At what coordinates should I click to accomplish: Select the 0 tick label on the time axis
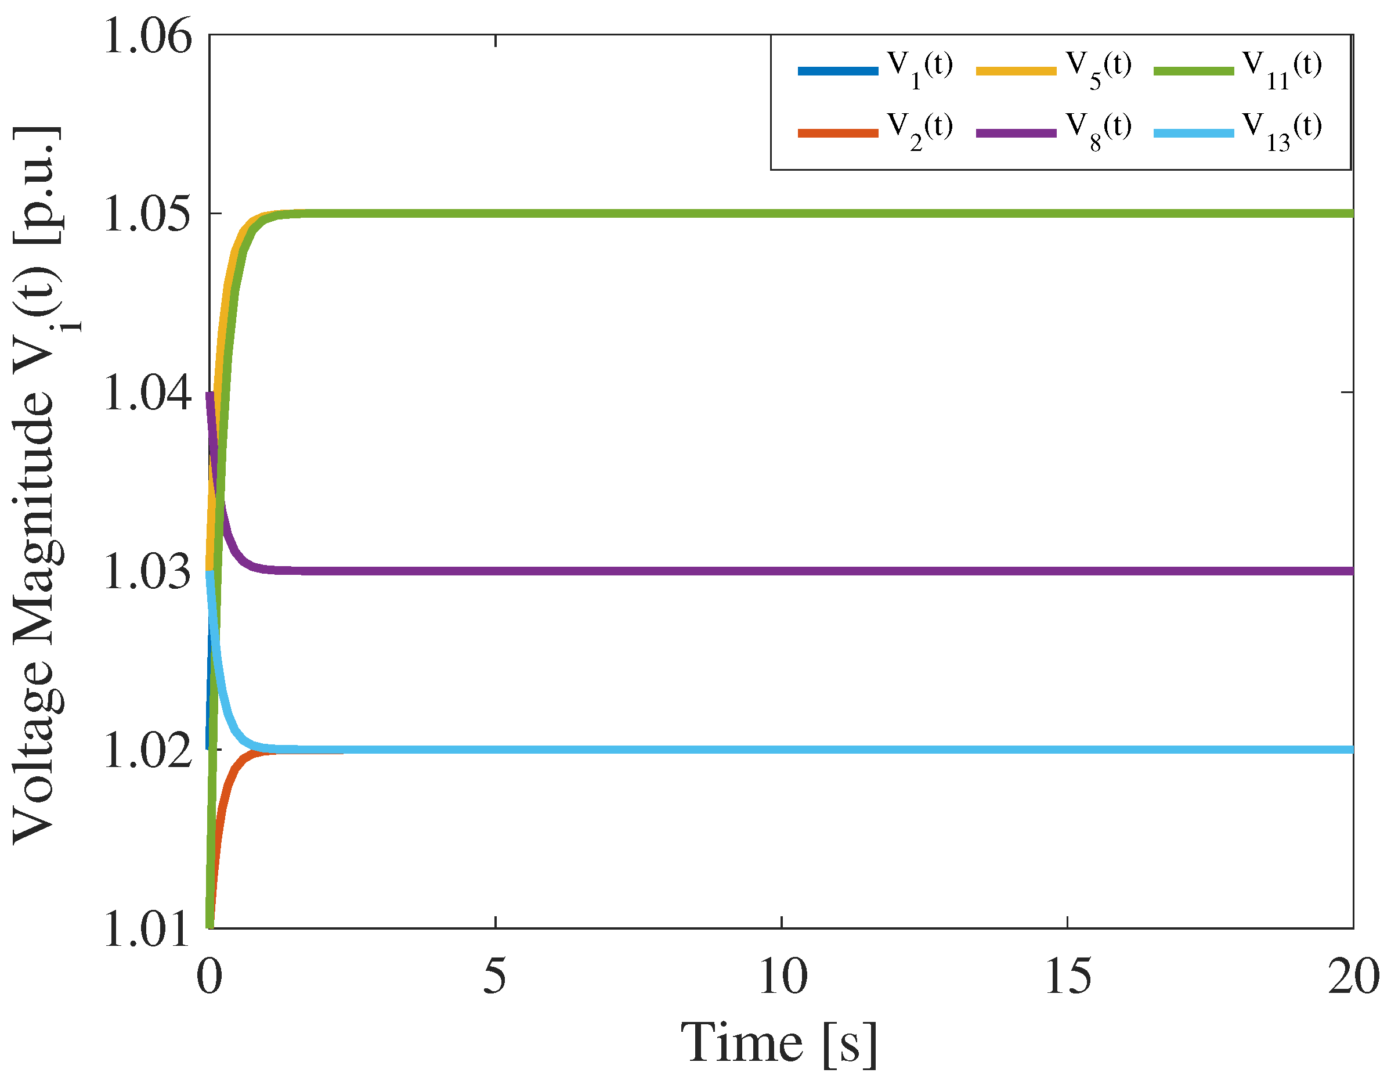[209, 976]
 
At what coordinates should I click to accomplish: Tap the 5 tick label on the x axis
[495, 976]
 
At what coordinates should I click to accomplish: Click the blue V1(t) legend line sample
[837, 71]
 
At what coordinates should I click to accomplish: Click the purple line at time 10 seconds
[782, 571]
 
